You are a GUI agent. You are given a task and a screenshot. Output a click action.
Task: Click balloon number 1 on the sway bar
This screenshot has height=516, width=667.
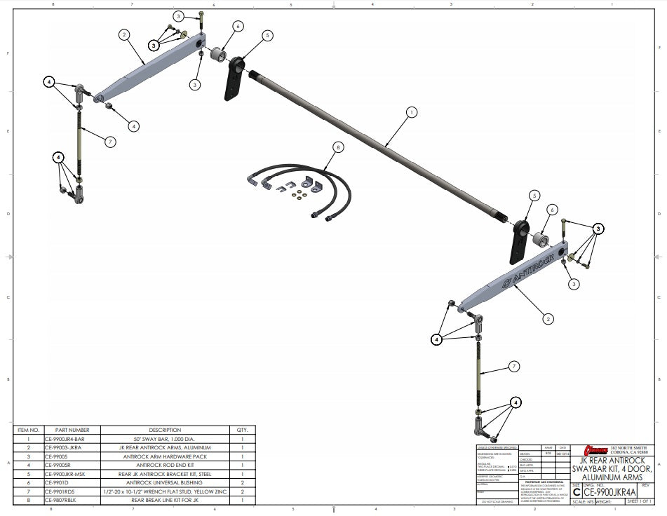point(411,111)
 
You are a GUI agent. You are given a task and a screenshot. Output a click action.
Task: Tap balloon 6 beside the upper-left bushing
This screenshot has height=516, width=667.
point(238,26)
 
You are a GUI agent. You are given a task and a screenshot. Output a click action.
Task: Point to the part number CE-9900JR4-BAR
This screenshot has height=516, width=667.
point(69,438)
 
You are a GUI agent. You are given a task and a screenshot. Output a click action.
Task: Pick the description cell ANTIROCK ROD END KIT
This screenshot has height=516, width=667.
point(165,463)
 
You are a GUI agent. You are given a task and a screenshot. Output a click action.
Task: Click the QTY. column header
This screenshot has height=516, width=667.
point(243,430)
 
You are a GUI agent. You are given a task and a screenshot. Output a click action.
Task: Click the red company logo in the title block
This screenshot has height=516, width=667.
point(596,449)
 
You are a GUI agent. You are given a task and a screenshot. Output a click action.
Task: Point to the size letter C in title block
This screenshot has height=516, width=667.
point(577,492)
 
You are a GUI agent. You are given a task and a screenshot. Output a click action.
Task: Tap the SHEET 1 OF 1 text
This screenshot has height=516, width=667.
point(640,502)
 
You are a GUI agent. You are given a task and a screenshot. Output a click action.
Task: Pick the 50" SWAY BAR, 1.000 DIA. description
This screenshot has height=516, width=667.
point(165,438)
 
